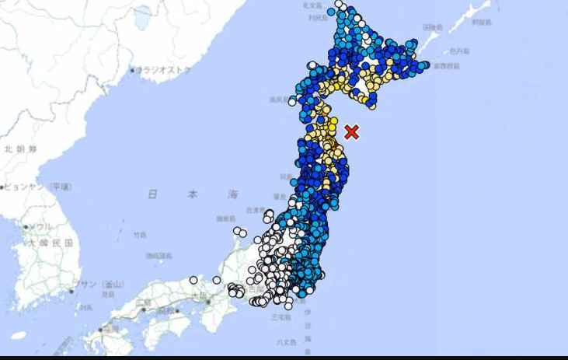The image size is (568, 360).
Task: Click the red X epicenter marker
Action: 351,131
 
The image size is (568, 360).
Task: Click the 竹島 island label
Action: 139,234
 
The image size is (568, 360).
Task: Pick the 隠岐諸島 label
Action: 159,256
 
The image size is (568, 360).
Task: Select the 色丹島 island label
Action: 462,51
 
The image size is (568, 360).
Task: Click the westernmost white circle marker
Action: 193,280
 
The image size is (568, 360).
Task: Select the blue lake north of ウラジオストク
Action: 142,15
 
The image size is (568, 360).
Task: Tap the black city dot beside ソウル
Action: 26,227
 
